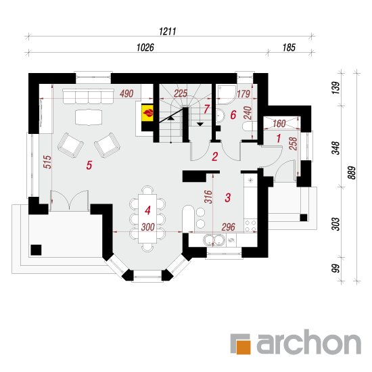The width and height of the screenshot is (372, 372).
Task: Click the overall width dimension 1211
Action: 168,31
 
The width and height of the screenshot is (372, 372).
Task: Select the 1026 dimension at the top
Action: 145,47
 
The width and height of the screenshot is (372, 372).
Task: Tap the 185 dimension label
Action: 289,47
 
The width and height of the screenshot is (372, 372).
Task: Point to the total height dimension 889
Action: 352,172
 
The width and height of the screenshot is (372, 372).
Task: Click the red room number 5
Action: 89,165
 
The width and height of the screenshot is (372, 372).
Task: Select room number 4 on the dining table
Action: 147,210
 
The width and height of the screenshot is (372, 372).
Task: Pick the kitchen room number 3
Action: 228,197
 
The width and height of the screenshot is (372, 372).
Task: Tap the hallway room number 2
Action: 215,157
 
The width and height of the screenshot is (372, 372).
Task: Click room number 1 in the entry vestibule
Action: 279,138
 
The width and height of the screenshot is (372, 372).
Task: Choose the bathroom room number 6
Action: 233,115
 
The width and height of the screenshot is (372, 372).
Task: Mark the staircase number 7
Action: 207,109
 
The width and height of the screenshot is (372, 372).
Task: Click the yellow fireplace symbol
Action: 147,113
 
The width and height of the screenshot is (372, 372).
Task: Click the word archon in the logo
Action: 308,342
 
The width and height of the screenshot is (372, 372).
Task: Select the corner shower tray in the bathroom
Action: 227,94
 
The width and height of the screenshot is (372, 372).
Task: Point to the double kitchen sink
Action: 214,240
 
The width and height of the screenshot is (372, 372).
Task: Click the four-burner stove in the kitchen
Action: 250,226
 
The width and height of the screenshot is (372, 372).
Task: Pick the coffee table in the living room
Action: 89,117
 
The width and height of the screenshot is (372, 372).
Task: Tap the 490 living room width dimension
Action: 126,94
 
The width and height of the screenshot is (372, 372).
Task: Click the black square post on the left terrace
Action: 36,250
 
